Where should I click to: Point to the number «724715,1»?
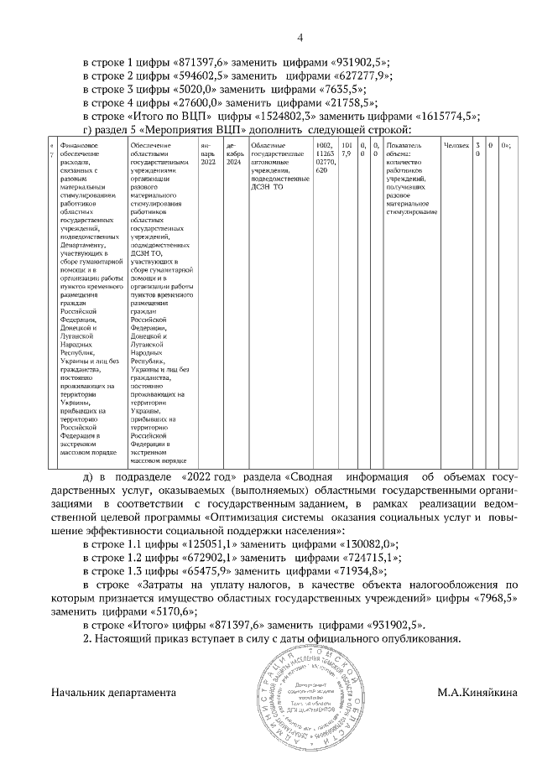tap(370, 556)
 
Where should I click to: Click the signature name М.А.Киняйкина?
tap(478, 694)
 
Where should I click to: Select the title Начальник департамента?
tap(113, 694)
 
